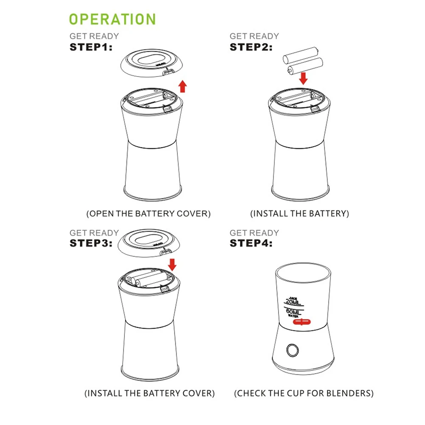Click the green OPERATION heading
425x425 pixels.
click(x=113, y=19)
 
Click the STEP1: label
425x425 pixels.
click(x=91, y=47)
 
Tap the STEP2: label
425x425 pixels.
click(x=251, y=47)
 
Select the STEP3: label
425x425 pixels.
click(x=91, y=243)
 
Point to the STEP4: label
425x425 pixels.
click(x=251, y=243)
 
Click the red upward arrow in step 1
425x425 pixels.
click(x=183, y=86)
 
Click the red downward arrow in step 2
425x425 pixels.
click(x=303, y=78)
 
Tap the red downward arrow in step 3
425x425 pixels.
click(x=172, y=264)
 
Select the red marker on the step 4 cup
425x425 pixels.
click(x=301, y=322)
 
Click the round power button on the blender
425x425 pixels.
click(x=292, y=350)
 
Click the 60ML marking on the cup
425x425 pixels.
click(x=296, y=312)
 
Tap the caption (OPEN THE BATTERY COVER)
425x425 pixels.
click(x=149, y=214)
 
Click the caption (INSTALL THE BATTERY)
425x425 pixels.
click(x=300, y=214)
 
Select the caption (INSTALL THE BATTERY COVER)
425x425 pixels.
click(x=149, y=393)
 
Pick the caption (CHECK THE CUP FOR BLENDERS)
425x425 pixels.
click(x=304, y=393)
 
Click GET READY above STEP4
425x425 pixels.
click(x=254, y=233)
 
